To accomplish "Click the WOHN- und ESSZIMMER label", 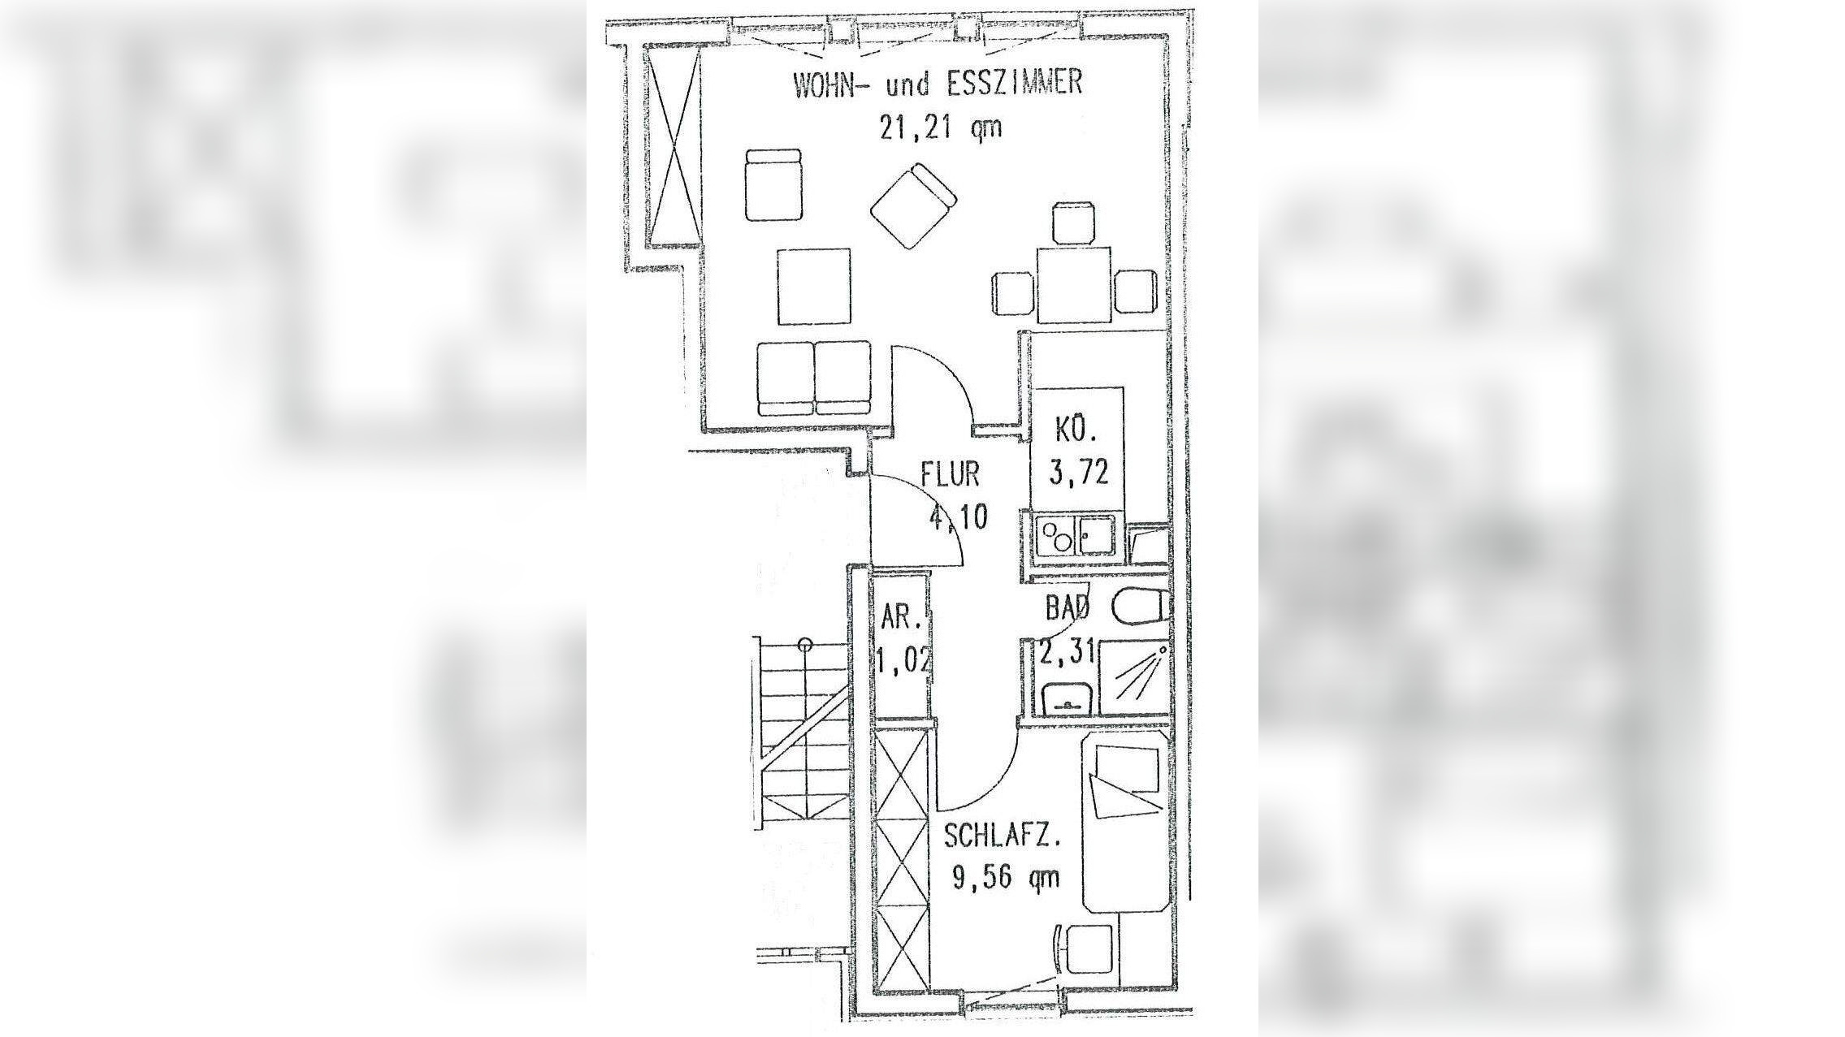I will click(x=938, y=84).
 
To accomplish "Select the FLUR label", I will click(x=950, y=474).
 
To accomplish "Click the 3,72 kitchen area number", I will click(x=1078, y=472).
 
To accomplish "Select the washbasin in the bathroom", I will click(x=1064, y=699).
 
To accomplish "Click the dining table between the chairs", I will click(x=1074, y=285).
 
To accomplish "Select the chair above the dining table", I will click(x=1074, y=224).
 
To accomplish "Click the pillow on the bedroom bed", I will click(x=1126, y=768).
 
